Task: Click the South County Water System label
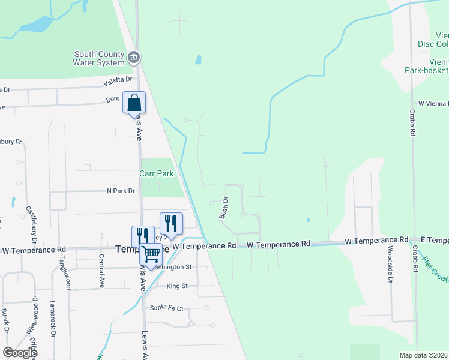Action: click(98, 58)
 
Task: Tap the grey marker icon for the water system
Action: click(134, 58)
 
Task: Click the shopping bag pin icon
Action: click(134, 103)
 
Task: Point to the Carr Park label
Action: click(156, 173)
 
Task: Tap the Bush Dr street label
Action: click(224, 207)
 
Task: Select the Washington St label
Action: click(172, 267)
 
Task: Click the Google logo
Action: click(19, 353)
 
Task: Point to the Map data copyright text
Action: click(424, 355)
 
